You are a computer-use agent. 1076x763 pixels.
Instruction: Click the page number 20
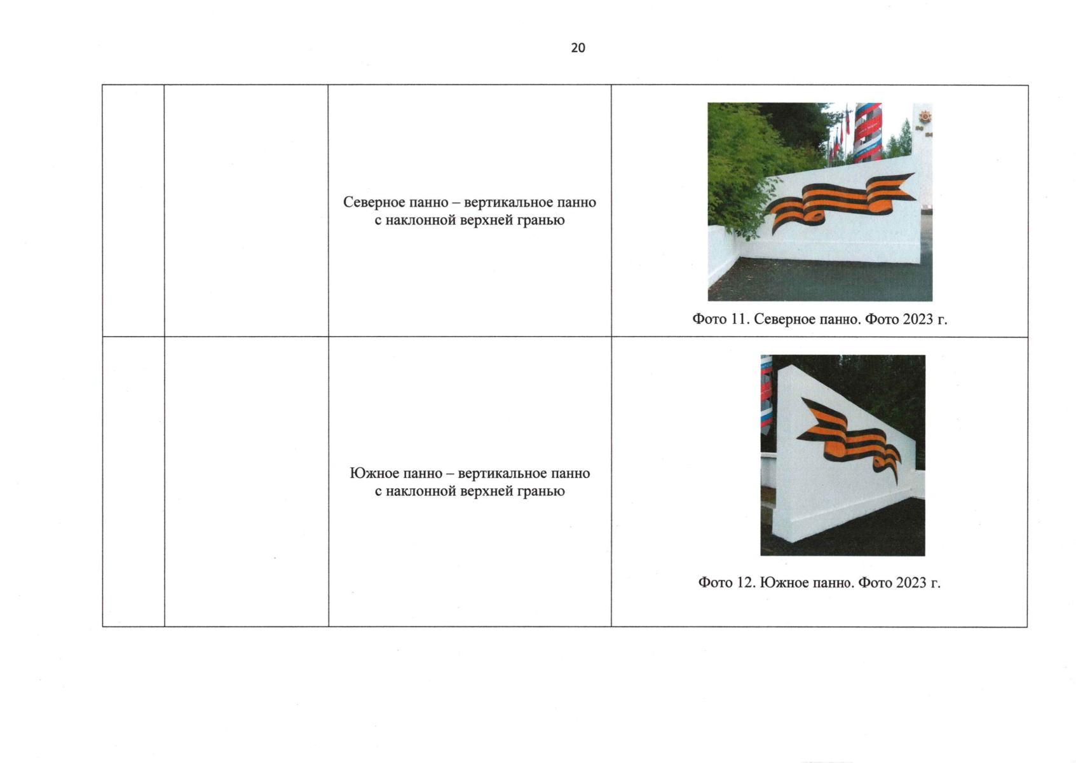(578, 48)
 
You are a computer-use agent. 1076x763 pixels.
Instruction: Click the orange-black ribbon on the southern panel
(848, 439)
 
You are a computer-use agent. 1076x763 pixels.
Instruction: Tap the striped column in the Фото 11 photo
(868, 132)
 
